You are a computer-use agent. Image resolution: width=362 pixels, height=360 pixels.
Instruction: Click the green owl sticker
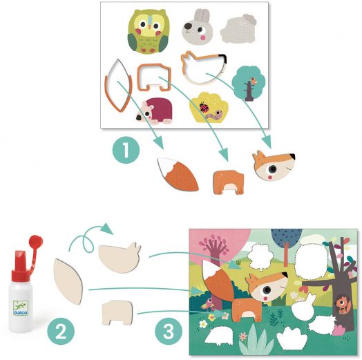tap(147, 31)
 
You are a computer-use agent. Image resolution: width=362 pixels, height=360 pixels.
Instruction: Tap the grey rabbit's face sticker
tap(198, 27)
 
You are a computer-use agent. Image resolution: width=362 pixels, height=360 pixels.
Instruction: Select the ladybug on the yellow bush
tap(204, 107)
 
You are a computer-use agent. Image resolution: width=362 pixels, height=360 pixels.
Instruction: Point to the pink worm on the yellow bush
tap(215, 114)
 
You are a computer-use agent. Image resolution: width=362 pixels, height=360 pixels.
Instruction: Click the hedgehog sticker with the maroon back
tap(154, 111)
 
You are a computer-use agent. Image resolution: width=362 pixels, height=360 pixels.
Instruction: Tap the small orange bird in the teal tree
tap(254, 80)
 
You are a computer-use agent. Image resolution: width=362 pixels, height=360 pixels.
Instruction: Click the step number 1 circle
tap(126, 150)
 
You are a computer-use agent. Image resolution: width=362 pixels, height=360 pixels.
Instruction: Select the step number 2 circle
tap(61, 332)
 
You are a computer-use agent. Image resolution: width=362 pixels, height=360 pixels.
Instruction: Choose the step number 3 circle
tap(169, 332)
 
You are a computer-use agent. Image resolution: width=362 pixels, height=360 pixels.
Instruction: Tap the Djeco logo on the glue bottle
tap(21, 308)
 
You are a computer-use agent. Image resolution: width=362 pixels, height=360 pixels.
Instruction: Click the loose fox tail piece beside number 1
tap(178, 174)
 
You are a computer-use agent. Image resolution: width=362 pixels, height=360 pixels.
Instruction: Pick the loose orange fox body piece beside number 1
tap(229, 182)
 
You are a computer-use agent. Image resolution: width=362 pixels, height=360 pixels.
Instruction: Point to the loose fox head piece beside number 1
tap(274, 165)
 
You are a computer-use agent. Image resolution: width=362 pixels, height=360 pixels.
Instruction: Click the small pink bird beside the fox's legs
tap(208, 304)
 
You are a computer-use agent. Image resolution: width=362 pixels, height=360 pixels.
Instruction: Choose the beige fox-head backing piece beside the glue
tap(120, 258)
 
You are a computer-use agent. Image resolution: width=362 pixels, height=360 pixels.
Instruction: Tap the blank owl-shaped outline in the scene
tap(311, 260)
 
